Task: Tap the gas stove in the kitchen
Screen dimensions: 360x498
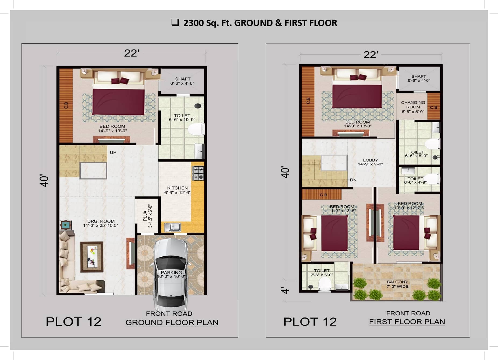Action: click(198, 173)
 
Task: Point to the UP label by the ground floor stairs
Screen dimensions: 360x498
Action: click(113, 152)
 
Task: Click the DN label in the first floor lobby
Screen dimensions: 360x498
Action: click(353, 180)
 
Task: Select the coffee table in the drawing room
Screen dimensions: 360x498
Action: click(91, 257)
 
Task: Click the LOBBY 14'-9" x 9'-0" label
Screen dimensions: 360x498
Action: click(370, 162)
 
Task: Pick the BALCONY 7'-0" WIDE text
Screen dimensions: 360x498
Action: click(397, 284)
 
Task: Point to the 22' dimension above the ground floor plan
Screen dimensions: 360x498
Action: click(131, 53)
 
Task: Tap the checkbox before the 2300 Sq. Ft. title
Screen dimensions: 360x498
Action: click(175, 22)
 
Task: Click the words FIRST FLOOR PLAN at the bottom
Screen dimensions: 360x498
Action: click(407, 322)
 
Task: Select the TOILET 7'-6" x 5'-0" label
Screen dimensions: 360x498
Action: click(322, 273)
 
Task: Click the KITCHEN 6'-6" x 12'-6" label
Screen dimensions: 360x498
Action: click(177, 190)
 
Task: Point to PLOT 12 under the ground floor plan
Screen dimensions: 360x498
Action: click(73, 322)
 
